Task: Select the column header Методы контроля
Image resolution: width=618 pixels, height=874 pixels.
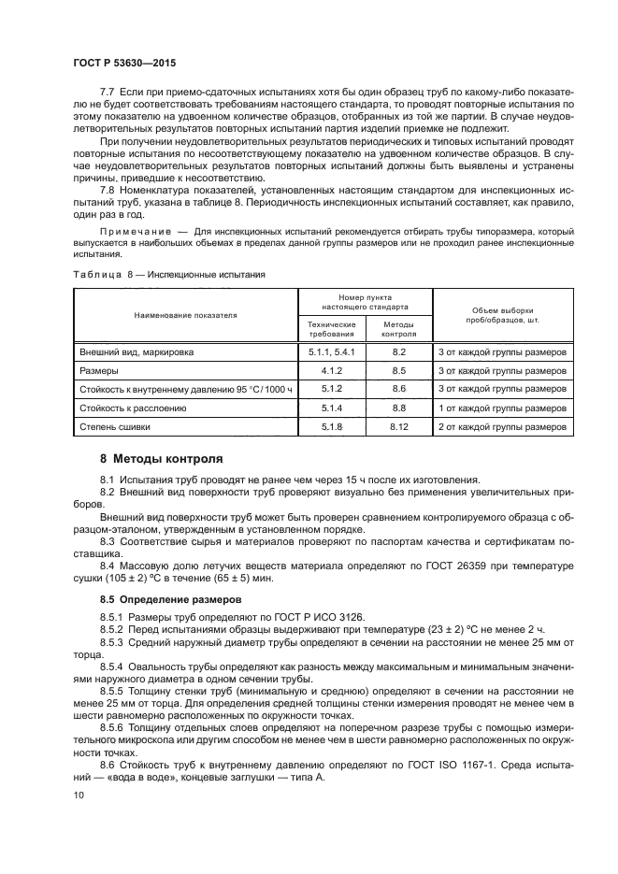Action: pos(399,328)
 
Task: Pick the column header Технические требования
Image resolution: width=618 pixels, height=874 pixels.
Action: pos(332,328)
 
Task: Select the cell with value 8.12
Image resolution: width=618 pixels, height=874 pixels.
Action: pos(399,426)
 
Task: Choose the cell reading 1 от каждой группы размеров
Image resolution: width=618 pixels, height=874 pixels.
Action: pos(502,408)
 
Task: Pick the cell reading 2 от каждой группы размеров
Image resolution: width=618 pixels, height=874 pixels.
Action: pos(502,426)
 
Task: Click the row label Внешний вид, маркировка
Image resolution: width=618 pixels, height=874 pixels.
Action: pos(134,351)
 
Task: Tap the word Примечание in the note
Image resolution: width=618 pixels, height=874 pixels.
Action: pos(136,230)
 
